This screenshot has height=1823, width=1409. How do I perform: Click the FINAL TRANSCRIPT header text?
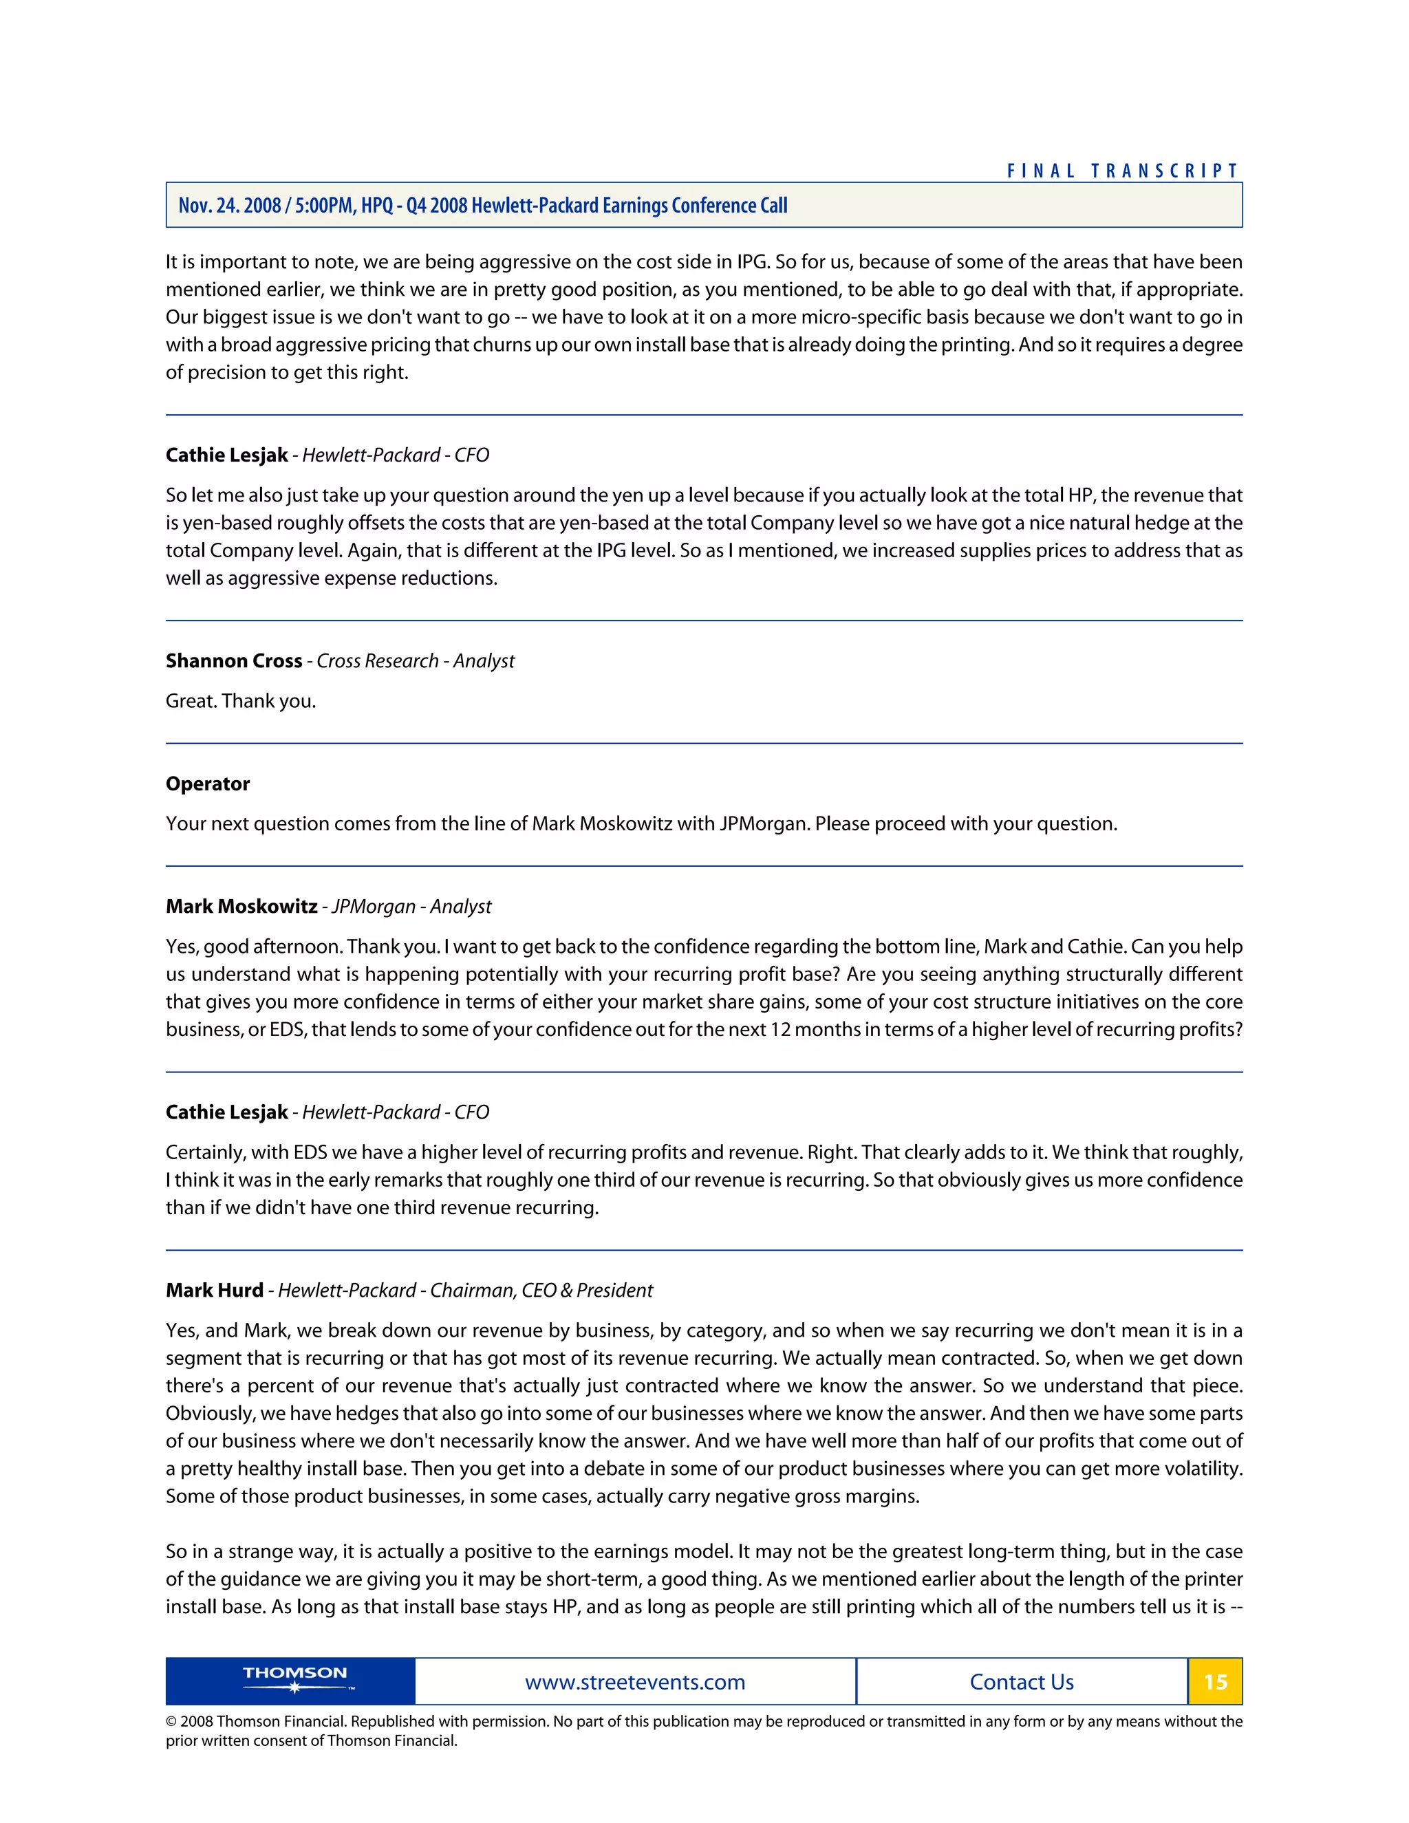1123,171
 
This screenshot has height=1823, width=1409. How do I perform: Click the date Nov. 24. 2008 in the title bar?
230,205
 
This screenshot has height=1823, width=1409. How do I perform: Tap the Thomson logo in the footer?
294,1679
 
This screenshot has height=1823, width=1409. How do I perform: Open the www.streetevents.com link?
634,1682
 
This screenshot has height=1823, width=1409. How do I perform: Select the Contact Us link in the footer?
1021,1682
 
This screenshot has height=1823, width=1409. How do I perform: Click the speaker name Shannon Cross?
234,661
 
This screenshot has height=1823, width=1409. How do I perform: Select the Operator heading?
208,784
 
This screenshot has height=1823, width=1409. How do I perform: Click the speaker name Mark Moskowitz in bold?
241,907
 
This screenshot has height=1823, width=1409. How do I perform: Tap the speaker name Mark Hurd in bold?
215,1291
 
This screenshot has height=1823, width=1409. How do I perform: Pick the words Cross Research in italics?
377,661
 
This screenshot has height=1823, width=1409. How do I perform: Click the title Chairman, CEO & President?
541,1291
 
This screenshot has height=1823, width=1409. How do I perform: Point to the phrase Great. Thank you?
240,701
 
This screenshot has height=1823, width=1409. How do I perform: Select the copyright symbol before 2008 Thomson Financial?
171,1721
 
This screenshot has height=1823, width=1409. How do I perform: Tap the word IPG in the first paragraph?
751,262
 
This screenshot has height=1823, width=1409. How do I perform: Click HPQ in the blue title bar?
376,205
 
